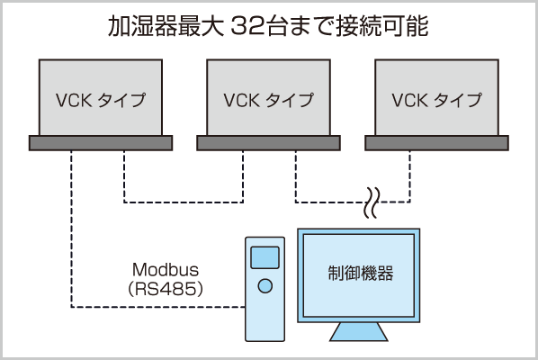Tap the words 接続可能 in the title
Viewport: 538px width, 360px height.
pyautogui.click(x=382, y=26)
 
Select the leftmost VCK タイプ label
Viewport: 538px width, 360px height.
pyautogui.click(x=101, y=100)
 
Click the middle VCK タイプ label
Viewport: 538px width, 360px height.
pyautogui.click(x=268, y=100)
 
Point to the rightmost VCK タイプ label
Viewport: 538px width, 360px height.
pyautogui.click(x=436, y=100)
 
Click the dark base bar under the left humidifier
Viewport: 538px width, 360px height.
pyautogui.click(x=101, y=143)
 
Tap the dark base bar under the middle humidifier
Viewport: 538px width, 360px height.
pyautogui.click(x=268, y=143)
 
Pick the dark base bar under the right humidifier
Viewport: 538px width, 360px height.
pyautogui.click(x=436, y=143)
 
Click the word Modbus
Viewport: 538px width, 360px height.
pyautogui.click(x=166, y=270)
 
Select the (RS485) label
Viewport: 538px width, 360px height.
pyautogui.click(x=166, y=289)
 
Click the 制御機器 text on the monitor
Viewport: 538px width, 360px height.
pyautogui.click(x=360, y=274)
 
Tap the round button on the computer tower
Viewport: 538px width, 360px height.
pyautogui.click(x=265, y=286)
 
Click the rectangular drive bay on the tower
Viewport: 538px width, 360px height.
pyautogui.click(x=265, y=257)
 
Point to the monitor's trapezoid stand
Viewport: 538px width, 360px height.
pyautogui.click(x=359, y=331)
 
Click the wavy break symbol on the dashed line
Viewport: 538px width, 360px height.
pyautogui.click(x=372, y=202)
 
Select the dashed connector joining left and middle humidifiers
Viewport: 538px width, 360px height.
pyautogui.click(x=184, y=202)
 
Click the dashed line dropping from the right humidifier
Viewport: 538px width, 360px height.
pyautogui.click(x=409, y=176)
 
